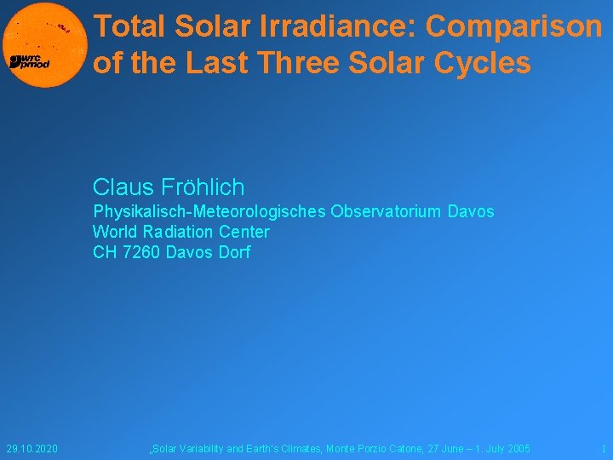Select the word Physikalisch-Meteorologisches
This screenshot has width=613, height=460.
point(209,211)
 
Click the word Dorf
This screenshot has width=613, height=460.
point(233,252)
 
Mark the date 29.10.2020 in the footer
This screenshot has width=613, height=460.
point(32,448)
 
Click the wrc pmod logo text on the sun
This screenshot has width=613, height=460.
point(29,62)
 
